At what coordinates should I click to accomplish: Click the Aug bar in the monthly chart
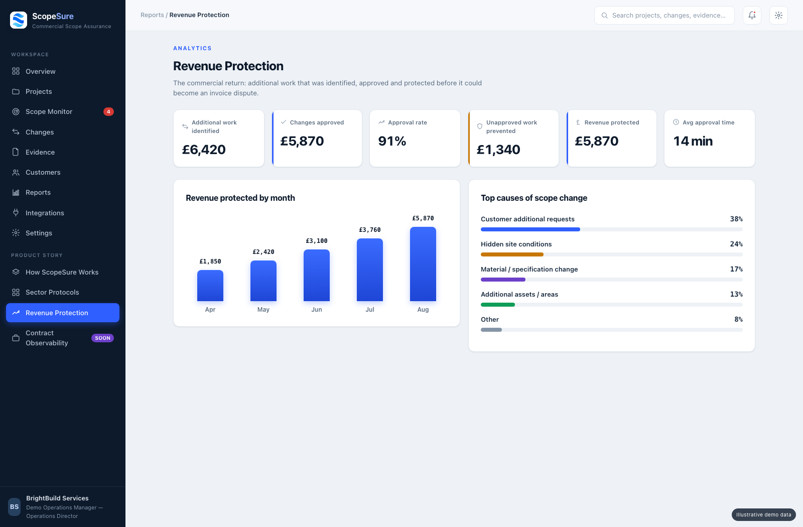click(x=423, y=264)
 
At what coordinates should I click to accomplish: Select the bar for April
click(x=210, y=286)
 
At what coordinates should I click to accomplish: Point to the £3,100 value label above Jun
click(x=317, y=241)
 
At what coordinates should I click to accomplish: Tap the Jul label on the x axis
click(x=369, y=309)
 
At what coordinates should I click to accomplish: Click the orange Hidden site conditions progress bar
click(x=512, y=254)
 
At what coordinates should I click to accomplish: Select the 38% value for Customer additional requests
click(x=736, y=219)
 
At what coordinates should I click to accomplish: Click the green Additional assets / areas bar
click(x=497, y=305)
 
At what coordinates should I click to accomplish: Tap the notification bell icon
click(x=752, y=15)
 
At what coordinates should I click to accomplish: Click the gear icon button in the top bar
click(x=778, y=15)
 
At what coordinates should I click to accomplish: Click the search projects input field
click(x=664, y=15)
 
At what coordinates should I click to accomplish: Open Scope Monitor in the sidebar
click(x=49, y=112)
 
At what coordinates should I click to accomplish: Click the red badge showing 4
click(x=108, y=112)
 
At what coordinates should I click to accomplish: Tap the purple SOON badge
click(x=102, y=338)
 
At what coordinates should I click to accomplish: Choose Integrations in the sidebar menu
click(x=45, y=213)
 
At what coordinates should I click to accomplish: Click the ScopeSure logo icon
click(x=19, y=20)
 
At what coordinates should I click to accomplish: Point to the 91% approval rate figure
click(x=392, y=141)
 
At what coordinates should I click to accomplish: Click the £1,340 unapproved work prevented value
click(x=498, y=150)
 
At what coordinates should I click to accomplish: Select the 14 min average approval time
click(x=693, y=141)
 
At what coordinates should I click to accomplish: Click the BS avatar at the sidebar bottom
click(x=15, y=506)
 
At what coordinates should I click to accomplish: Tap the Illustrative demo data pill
click(x=763, y=514)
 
